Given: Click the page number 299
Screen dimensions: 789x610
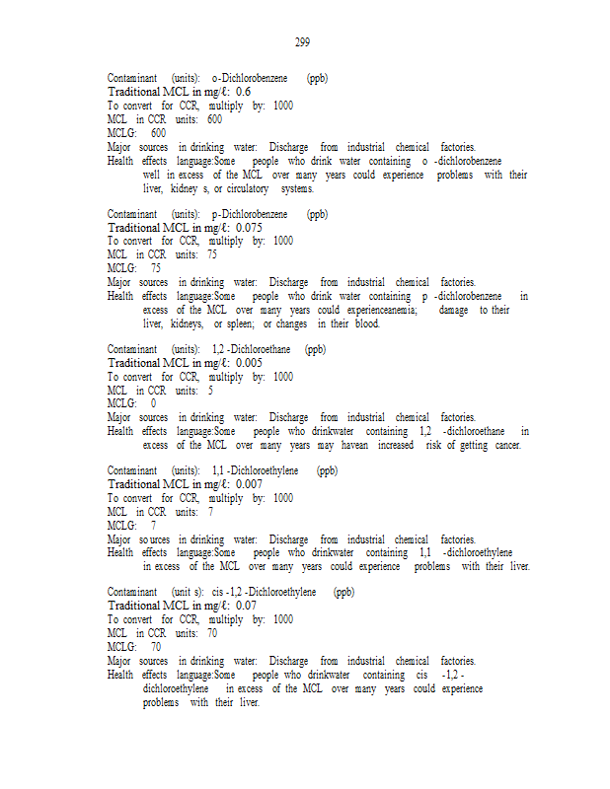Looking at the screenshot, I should pyautogui.click(x=303, y=41).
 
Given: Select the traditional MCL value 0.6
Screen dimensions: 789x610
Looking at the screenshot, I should pyautogui.click(x=243, y=91).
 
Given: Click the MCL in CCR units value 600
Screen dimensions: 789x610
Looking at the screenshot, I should pyautogui.click(x=214, y=119).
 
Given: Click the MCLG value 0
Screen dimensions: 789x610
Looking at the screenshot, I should pyautogui.click(x=153, y=403).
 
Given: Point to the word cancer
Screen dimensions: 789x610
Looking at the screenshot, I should pyautogui.click(x=505, y=445).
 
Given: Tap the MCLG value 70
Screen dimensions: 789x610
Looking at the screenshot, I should pyautogui.click(x=156, y=647).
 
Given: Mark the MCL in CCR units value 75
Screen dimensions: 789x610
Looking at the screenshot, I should pyautogui.click(x=211, y=254).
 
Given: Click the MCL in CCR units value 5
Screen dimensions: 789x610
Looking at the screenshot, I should pyautogui.click(x=209, y=390).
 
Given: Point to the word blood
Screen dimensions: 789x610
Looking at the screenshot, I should pyautogui.click(x=365, y=323).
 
